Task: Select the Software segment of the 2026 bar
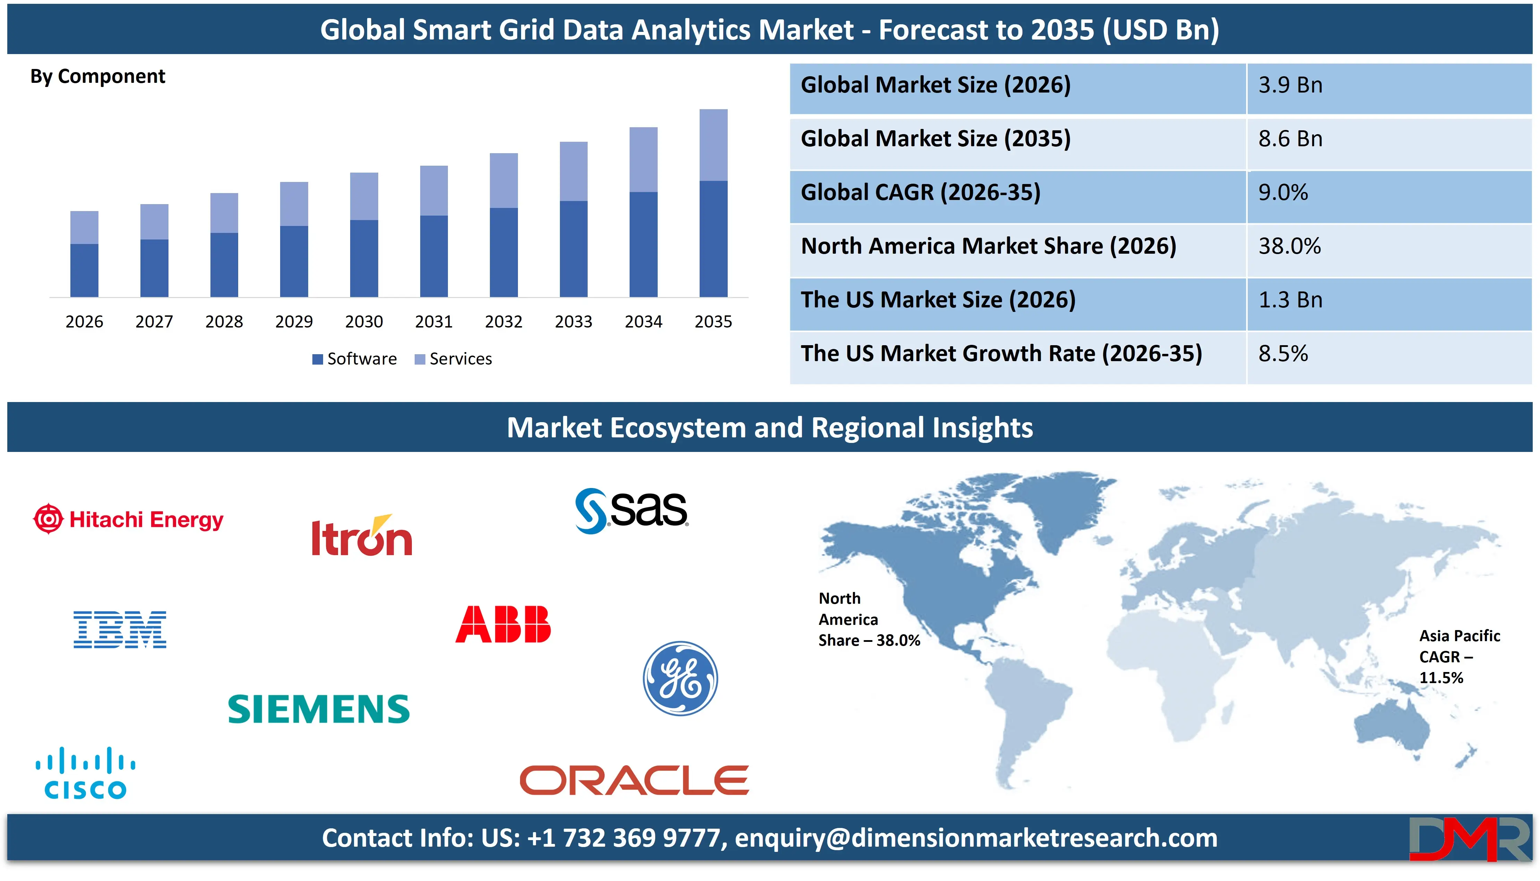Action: click(x=84, y=270)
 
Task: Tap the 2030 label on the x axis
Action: click(x=364, y=321)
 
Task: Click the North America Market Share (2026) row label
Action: click(x=988, y=246)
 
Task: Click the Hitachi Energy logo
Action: click(x=128, y=519)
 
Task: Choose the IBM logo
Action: click(x=120, y=629)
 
